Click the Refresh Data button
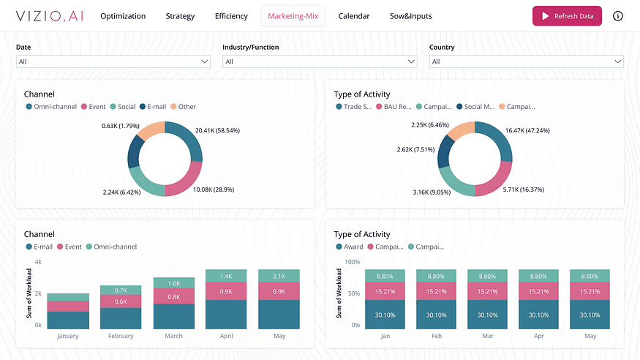pos(567,16)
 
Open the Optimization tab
pos(123,16)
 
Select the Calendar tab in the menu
pos(354,16)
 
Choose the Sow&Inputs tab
pos(410,16)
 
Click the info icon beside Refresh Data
pos(618,16)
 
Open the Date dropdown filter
pos(113,61)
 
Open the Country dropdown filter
pos(526,61)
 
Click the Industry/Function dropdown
pos(320,61)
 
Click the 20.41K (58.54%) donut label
pos(217,130)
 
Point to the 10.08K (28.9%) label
pos(213,190)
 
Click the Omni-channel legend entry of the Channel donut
pos(54,107)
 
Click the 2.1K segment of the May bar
pos(279,276)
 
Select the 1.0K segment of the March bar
pos(174,283)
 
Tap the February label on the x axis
pos(121,337)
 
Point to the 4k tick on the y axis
pos(38,262)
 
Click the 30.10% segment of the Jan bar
pos(385,315)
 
